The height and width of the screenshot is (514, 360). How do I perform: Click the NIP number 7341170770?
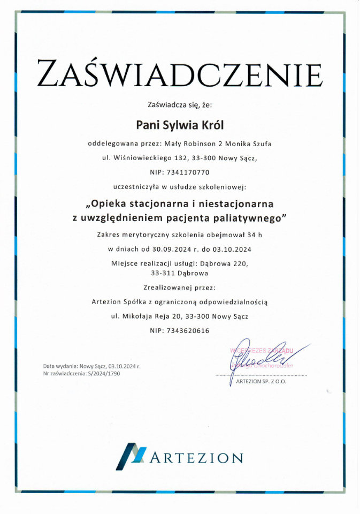coord(187,172)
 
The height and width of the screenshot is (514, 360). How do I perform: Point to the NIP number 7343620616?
coord(187,331)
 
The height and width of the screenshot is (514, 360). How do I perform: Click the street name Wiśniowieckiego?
coord(148,158)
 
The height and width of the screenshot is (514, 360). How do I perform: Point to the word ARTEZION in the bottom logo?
coord(197,458)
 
